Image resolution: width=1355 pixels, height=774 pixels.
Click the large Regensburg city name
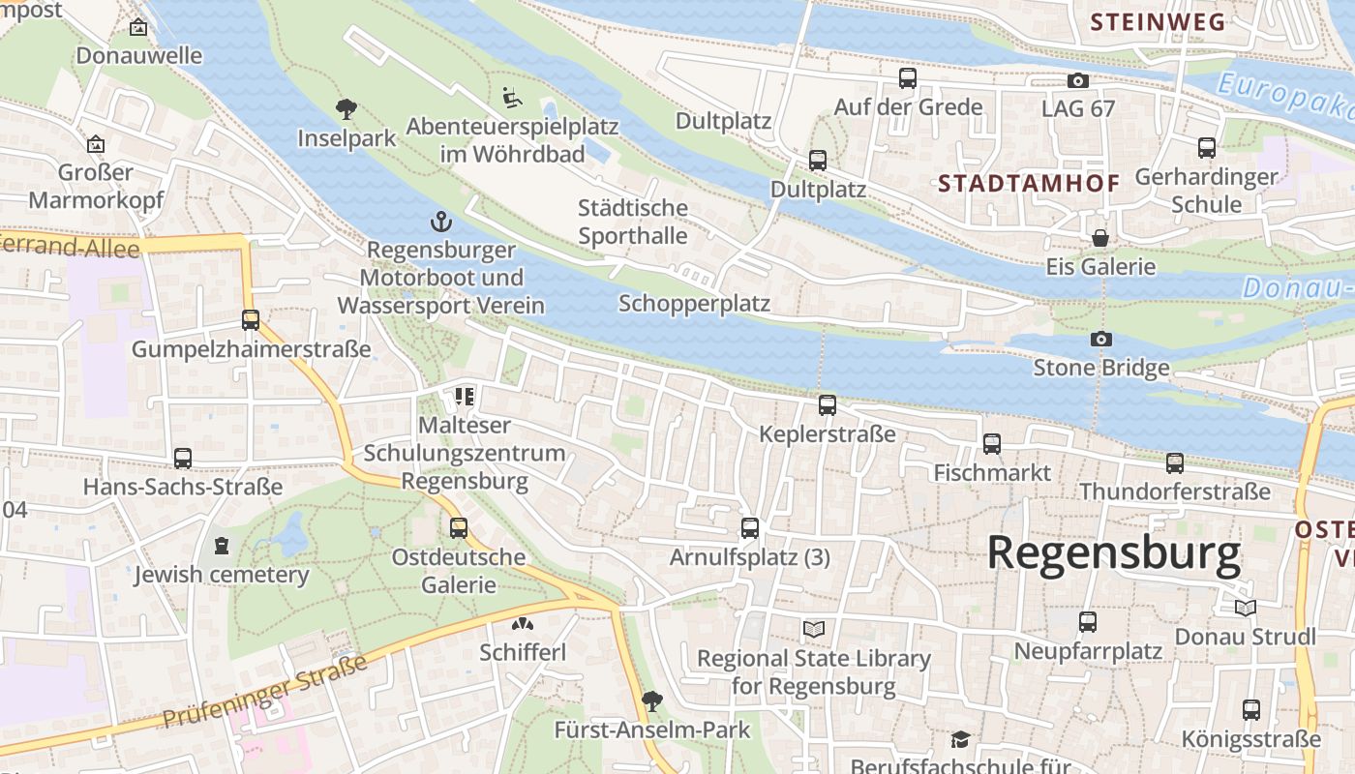point(1113,553)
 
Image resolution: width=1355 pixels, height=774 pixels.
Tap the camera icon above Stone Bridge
point(1100,339)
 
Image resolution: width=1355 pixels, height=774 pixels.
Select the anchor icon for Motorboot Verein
point(441,222)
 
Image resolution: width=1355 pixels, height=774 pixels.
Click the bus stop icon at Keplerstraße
point(827,405)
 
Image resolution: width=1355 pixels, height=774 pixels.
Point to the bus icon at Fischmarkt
point(991,444)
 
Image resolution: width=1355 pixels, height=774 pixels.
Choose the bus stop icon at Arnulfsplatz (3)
point(749,528)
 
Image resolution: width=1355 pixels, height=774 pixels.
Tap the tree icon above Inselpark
point(346,108)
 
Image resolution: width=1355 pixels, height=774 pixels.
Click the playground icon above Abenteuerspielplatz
point(512,97)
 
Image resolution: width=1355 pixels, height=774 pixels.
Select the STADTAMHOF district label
point(1029,183)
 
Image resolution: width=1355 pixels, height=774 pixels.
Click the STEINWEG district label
point(1158,22)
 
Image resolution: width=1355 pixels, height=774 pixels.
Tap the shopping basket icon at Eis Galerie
point(1099,238)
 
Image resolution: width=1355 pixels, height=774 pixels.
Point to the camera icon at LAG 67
point(1077,80)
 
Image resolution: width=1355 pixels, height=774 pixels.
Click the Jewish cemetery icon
point(222,546)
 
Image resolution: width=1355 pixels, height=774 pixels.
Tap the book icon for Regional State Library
point(814,630)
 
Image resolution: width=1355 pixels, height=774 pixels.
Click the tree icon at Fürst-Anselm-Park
point(652,700)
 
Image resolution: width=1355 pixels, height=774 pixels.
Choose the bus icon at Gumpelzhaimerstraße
point(251,320)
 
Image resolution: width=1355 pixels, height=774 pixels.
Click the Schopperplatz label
point(694,304)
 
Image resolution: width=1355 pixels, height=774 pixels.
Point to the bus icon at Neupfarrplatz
point(1087,622)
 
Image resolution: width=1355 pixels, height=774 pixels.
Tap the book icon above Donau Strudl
point(1245,608)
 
